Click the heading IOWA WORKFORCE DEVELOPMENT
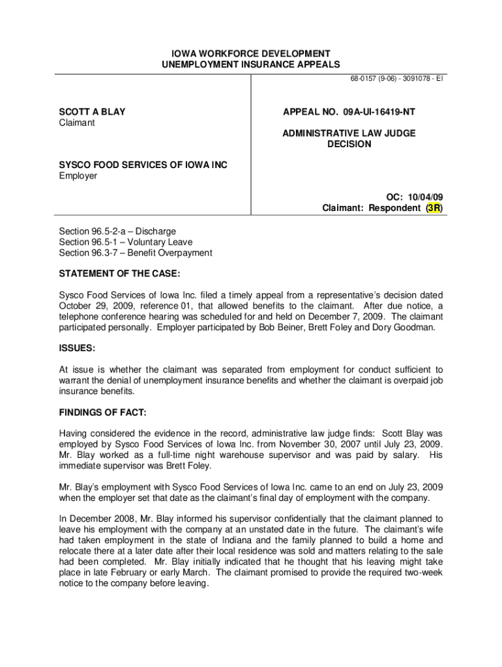(x=250, y=53)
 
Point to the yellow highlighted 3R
(x=433, y=208)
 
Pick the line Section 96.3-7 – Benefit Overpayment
(x=135, y=253)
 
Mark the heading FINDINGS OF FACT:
(x=102, y=413)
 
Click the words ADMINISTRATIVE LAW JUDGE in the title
(x=349, y=134)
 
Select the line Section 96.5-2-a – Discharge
(x=117, y=231)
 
